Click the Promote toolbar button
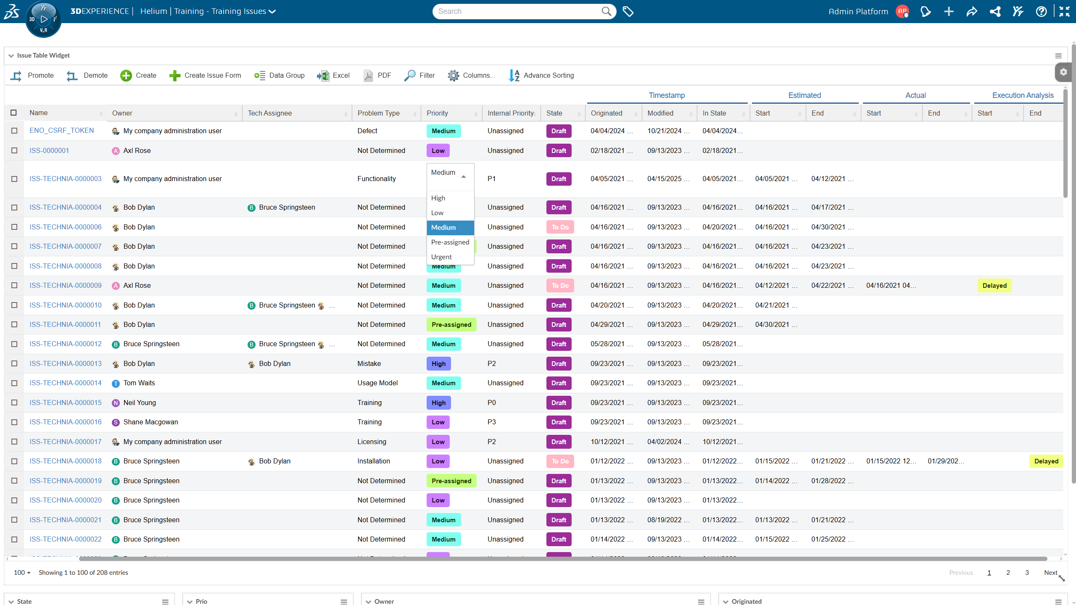pyautogui.click(x=32, y=76)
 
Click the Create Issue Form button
pyautogui.click(x=205, y=76)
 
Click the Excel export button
pyautogui.click(x=334, y=76)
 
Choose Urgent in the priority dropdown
pyautogui.click(x=441, y=257)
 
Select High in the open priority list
pyautogui.click(x=438, y=198)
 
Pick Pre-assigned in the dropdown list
pyautogui.click(x=450, y=242)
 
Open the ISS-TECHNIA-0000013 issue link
pyautogui.click(x=66, y=364)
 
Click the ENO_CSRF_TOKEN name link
pyautogui.click(x=62, y=131)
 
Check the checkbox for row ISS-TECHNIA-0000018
pyautogui.click(x=14, y=461)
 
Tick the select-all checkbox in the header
pyautogui.click(x=13, y=113)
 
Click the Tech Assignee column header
pyautogui.click(x=270, y=113)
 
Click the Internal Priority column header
pyautogui.click(x=510, y=113)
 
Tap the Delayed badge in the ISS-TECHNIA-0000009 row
pyautogui.click(x=994, y=286)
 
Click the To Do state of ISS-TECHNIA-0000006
pyautogui.click(x=560, y=227)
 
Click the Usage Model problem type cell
pyautogui.click(x=377, y=383)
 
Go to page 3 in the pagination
pyautogui.click(x=1027, y=573)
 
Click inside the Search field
pyautogui.click(x=517, y=11)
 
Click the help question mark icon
pyautogui.click(x=1041, y=11)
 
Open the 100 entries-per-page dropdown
pyautogui.click(x=22, y=573)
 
